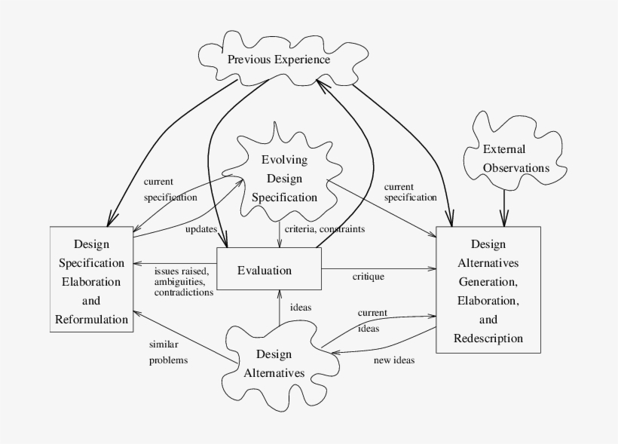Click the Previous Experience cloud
coord(279,59)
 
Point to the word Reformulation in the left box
coord(91,319)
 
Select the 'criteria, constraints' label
coord(325,228)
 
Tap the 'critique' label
coord(368,277)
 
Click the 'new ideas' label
coord(393,360)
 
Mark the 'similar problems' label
coord(167,352)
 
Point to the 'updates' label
coord(200,228)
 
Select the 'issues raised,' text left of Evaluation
coord(181,270)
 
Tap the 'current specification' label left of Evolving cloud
coord(170,189)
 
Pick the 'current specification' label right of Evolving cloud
coord(410,191)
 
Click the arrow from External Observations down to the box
coord(503,205)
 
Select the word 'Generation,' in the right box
coord(488,280)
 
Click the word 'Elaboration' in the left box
coord(90,280)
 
